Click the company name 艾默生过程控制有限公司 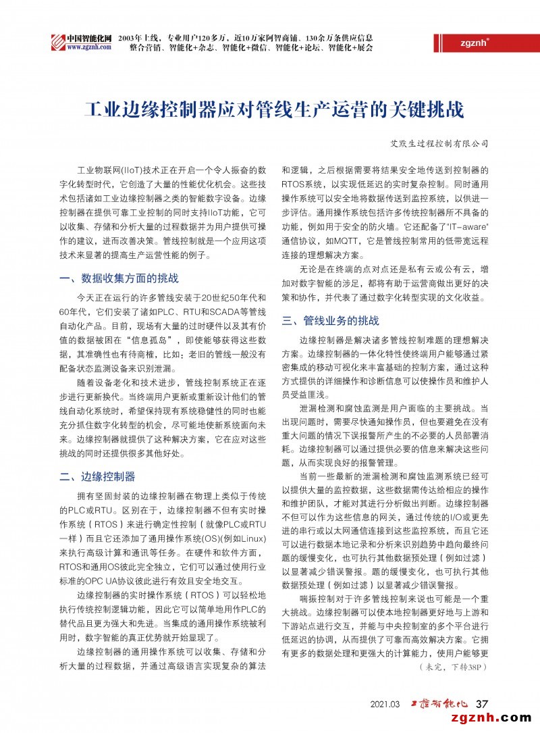tap(440, 144)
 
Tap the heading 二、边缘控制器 tap(97, 477)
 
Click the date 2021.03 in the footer tap(385, 704)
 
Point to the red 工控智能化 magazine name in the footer tap(440, 704)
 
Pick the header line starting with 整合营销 tap(250, 48)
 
